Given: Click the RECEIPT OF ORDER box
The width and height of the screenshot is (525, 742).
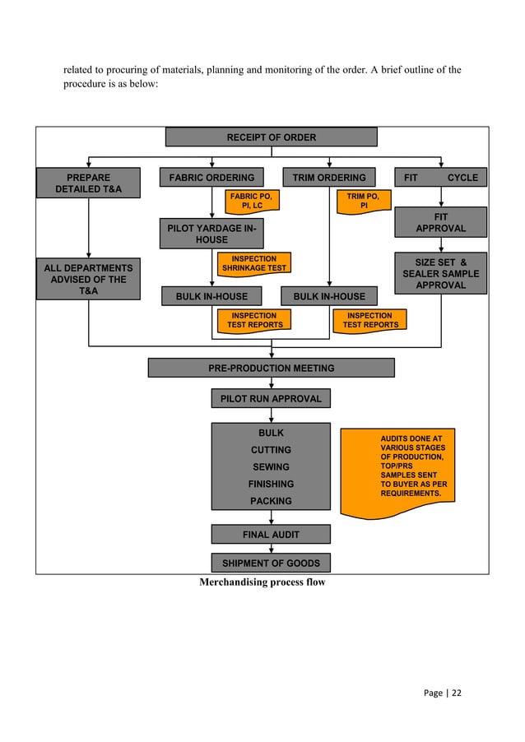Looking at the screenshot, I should [x=271, y=137].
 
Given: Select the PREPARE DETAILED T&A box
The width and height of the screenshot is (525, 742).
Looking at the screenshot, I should [x=88, y=183].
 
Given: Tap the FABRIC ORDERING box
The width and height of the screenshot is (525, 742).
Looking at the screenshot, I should [x=211, y=177].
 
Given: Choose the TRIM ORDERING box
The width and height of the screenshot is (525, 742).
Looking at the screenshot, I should [x=329, y=177].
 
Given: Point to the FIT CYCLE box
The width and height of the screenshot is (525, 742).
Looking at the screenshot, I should [x=441, y=177].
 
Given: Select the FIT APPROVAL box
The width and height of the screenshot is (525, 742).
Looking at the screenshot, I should [x=441, y=222].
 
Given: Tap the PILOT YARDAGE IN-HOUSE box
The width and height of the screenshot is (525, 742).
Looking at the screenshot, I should [x=211, y=233].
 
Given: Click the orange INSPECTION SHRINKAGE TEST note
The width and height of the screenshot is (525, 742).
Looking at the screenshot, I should [x=253, y=264].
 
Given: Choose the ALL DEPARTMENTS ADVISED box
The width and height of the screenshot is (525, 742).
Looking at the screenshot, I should [x=88, y=279].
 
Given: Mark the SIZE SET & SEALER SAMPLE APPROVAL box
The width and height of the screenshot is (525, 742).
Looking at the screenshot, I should [x=441, y=273].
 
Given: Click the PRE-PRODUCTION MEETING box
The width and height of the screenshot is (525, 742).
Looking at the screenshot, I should [x=271, y=368].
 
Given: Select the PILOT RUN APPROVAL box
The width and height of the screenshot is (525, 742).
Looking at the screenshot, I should [x=271, y=399].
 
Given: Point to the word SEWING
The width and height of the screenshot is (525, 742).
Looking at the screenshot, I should [x=271, y=466].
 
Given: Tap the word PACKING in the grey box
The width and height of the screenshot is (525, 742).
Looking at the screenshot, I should [x=271, y=500].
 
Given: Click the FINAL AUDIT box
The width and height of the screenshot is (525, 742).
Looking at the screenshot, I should [x=271, y=535].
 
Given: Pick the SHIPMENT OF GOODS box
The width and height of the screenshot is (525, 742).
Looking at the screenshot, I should [x=271, y=563].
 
